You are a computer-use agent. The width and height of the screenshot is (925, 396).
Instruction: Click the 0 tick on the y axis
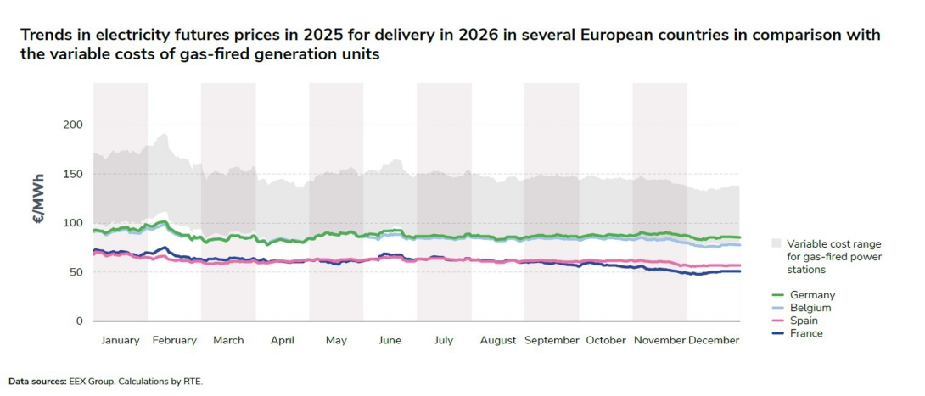[79, 321]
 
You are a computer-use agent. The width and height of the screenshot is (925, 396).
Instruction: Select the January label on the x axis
[121, 340]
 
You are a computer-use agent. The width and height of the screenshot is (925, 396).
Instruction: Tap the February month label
[174, 340]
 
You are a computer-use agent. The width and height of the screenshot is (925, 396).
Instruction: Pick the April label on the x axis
[282, 340]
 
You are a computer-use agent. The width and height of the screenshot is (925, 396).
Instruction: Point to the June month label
[390, 340]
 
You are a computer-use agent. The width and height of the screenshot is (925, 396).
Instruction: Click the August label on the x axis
[497, 340]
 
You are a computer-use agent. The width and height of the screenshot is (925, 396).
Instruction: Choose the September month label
[552, 340]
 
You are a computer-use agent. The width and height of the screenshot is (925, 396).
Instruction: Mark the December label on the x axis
[714, 340]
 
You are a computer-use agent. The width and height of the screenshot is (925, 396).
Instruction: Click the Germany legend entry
[811, 295]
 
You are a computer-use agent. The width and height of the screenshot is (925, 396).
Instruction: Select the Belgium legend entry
[810, 308]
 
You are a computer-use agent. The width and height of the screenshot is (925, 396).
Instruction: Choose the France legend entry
[806, 333]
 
